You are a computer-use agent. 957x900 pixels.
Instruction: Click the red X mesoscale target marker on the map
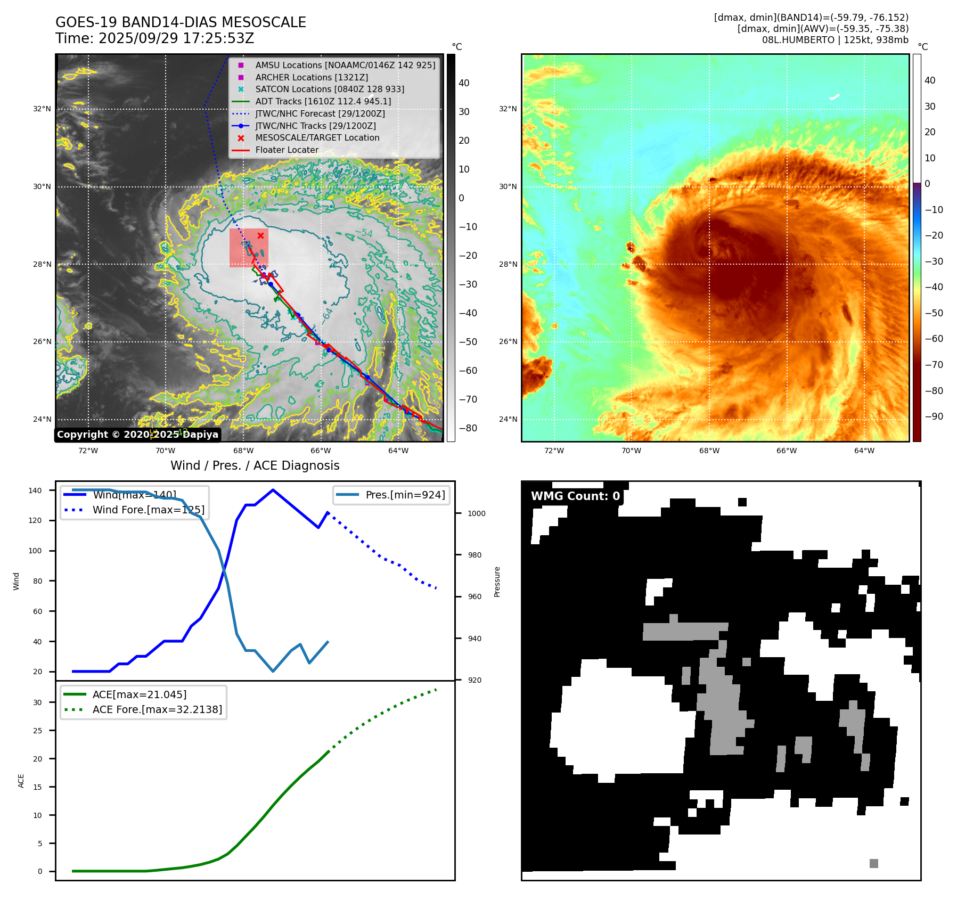260,235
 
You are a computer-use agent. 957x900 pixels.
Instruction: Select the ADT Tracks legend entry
323,101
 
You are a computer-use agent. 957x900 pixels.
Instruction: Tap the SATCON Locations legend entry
329,89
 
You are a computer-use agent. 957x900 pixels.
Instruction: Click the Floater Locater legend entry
287,150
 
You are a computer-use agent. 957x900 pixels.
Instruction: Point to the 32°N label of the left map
42,109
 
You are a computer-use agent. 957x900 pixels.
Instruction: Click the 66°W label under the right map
787,451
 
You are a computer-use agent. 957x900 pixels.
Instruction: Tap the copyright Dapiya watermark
137,435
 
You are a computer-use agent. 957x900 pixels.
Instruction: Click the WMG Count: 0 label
575,496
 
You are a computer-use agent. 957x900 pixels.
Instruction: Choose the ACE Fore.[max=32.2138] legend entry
157,709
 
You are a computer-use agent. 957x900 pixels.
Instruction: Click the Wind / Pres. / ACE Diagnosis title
255,465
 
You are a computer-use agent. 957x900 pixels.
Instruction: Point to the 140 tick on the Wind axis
35,490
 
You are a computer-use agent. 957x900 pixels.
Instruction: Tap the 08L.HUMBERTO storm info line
835,40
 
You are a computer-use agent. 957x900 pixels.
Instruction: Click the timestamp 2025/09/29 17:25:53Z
176,39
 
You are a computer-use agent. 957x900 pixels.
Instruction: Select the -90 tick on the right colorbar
934,416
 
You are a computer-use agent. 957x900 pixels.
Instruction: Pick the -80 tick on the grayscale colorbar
468,428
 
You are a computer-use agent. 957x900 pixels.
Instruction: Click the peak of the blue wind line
273,490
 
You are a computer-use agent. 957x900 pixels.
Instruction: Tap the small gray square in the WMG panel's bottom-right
873,863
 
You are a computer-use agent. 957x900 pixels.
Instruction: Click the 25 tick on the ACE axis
37,731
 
